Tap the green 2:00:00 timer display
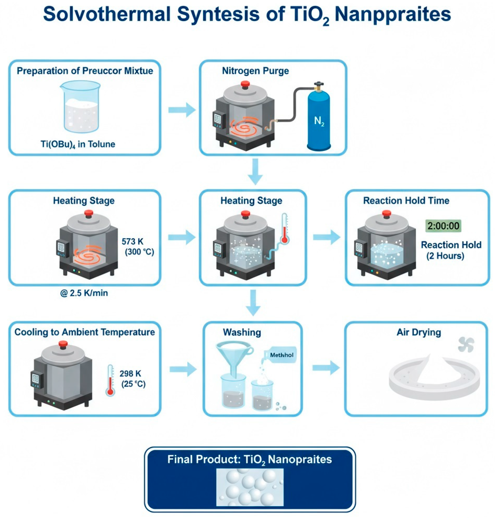click(x=443, y=226)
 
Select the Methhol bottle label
click(x=282, y=355)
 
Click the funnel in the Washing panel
click(x=234, y=355)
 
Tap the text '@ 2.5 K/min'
click(x=84, y=293)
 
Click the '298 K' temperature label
click(x=130, y=374)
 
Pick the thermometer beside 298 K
click(x=110, y=380)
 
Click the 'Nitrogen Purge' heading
click(x=255, y=71)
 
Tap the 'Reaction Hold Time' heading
click(x=406, y=201)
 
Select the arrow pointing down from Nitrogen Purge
click(x=255, y=172)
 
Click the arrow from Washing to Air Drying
click(x=326, y=368)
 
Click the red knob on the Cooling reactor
click(x=63, y=344)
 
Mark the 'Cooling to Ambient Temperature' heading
click(x=85, y=332)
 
